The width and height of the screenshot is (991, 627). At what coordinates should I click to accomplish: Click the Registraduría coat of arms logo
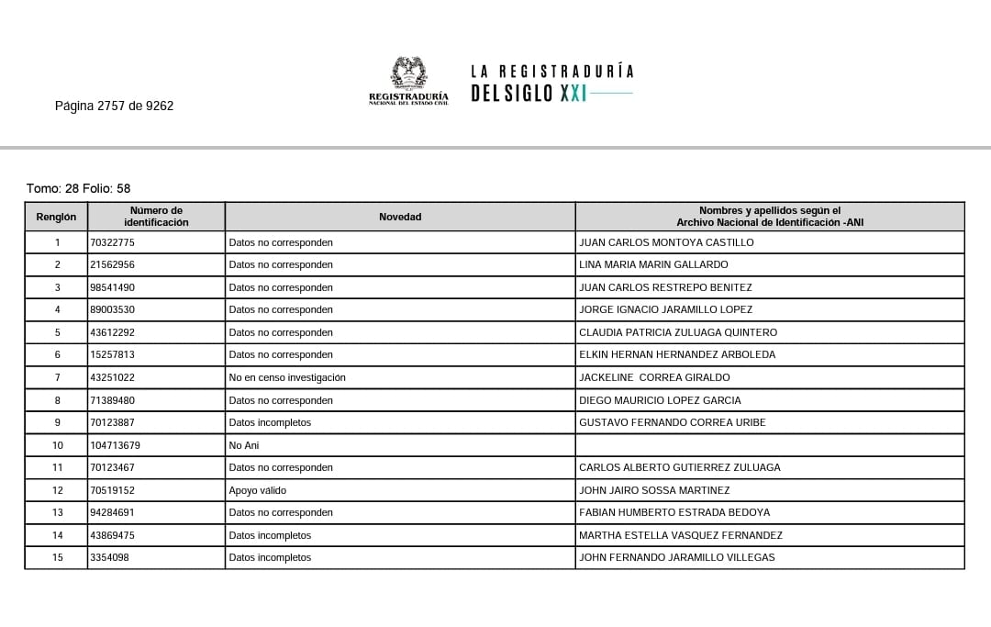pos(408,73)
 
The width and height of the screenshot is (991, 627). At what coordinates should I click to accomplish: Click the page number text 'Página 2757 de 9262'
pos(114,106)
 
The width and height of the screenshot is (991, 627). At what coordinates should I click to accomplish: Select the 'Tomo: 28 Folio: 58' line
pos(79,188)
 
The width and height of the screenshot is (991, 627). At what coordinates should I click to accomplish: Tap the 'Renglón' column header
pos(56,217)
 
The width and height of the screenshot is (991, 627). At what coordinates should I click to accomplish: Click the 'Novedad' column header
pos(400,217)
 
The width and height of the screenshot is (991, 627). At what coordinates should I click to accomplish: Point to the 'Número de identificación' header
pos(156,217)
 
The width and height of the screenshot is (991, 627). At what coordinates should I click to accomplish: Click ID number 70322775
pos(113,242)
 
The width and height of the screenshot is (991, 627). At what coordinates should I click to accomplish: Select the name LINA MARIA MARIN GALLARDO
pos(653,264)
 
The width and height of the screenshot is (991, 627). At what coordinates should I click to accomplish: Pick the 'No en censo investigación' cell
pos(287,377)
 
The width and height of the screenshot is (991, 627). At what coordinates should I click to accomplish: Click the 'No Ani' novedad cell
pos(244,445)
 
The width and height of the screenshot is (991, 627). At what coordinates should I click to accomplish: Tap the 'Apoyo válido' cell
pos(258,490)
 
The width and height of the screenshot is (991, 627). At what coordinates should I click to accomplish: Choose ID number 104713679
pos(116,445)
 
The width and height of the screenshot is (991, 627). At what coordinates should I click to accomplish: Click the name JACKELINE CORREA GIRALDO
pos(654,377)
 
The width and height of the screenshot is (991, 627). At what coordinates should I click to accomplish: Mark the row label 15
pos(57,557)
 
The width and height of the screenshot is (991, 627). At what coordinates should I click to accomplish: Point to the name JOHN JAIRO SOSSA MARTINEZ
pos(654,490)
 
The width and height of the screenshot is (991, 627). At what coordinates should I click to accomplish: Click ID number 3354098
pos(110,557)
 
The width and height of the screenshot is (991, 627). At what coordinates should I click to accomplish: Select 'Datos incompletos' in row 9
pos(270,422)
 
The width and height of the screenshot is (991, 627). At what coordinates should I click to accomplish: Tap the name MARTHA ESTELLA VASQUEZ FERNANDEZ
pos(680,535)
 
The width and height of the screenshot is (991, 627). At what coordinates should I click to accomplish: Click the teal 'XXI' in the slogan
pos(573,94)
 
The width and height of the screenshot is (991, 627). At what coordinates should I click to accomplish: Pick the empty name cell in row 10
pos(769,445)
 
